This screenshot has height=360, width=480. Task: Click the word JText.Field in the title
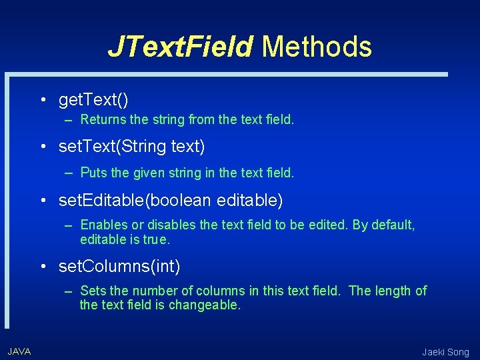pos(180,47)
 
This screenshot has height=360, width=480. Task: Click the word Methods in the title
pos(317,47)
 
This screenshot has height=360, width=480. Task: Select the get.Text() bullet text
pos(93,100)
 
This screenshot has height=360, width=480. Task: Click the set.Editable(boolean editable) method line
pos(171,199)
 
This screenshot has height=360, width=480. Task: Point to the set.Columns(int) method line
pos(119,267)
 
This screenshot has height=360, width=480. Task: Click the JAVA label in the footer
pos(19,351)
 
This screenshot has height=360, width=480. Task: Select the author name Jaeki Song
pos(445,352)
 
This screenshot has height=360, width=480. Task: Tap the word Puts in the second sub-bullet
pos(93,173)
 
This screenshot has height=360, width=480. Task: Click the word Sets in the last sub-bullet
pos(92,291)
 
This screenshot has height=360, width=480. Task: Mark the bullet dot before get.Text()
pos(42,101)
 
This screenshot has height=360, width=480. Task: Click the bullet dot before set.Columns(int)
pos(42,267)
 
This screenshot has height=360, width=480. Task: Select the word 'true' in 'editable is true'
pos(157,239)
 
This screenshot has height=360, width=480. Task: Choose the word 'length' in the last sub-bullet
pos(392,291)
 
